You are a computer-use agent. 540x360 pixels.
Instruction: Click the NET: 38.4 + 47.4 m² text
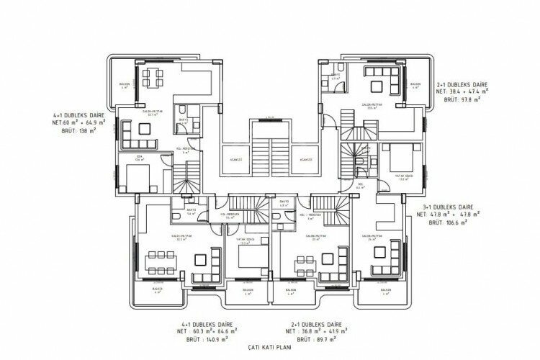click(x=462, y=93)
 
